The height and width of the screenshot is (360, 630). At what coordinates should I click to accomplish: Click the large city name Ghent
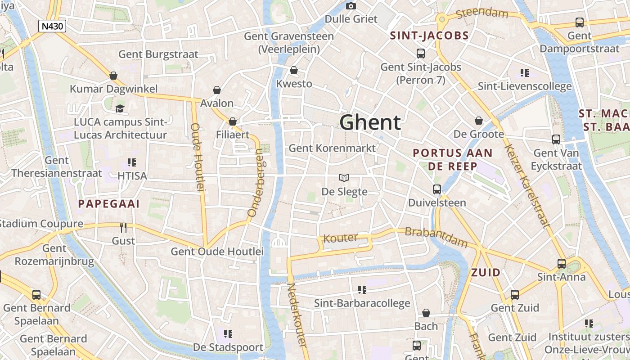(x=370, y=122)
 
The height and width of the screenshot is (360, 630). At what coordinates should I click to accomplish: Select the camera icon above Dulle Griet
(x=351, y=6)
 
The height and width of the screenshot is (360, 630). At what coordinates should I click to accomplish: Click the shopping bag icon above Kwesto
(x=294, y=70)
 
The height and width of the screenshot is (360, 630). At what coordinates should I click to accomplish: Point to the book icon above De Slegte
(x=344, y=178)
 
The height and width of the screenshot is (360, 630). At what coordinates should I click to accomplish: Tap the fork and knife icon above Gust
(x=123, y=227)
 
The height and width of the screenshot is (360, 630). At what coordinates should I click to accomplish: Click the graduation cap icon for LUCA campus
(x=120, y=108)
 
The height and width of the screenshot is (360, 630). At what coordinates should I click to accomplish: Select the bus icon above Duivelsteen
(x=437, y=189)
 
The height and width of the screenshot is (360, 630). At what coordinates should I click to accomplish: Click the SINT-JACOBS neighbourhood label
(x=429, y=36)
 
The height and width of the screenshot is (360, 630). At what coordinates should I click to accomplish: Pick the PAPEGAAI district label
(x=109, y=204)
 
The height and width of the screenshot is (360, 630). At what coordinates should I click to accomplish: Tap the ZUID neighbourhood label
(x=486, y=272)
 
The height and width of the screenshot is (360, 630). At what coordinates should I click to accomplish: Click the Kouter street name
(x=341, y=238)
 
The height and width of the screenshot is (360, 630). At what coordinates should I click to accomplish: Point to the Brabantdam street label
(x=436, y=237)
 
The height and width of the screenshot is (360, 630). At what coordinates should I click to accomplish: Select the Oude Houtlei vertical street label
(x=198, y=157)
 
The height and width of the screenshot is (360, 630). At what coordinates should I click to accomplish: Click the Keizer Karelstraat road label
(x=526, y=186)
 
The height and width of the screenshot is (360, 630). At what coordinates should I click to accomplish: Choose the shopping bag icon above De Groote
(x=479, y=121)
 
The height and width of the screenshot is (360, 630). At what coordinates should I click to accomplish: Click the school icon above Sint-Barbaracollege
(x=362, y=289)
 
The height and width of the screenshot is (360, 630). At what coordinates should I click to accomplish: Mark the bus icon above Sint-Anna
(x=562, y=263)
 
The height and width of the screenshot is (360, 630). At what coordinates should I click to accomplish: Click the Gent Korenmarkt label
(x=332, y=148)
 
